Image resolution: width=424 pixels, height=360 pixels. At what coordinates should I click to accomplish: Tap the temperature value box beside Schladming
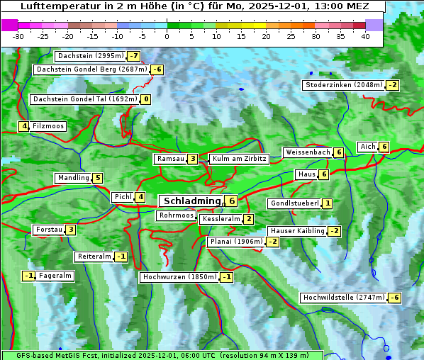232,201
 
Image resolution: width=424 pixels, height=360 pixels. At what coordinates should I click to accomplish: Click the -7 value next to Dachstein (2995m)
133,56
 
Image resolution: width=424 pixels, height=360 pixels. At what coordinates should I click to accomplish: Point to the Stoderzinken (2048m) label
344,85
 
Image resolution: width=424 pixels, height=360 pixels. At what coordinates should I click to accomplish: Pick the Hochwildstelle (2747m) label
343,298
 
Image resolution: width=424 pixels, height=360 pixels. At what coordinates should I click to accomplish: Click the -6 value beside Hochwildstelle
394,298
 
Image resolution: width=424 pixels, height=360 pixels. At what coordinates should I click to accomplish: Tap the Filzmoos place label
48,126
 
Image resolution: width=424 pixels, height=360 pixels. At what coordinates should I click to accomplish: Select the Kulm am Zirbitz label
239,159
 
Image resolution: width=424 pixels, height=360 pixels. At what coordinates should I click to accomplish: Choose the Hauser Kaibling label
297,231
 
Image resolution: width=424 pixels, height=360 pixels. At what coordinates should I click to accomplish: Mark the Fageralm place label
55,276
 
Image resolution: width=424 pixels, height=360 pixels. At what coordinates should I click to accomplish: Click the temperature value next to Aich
384,147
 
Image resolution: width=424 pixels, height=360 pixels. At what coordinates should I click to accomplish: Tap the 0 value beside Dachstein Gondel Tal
145,99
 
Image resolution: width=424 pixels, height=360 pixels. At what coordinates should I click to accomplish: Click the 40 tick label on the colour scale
365,36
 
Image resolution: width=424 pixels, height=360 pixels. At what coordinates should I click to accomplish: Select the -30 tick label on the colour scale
18,36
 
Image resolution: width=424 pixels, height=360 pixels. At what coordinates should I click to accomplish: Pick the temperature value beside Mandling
98,178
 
